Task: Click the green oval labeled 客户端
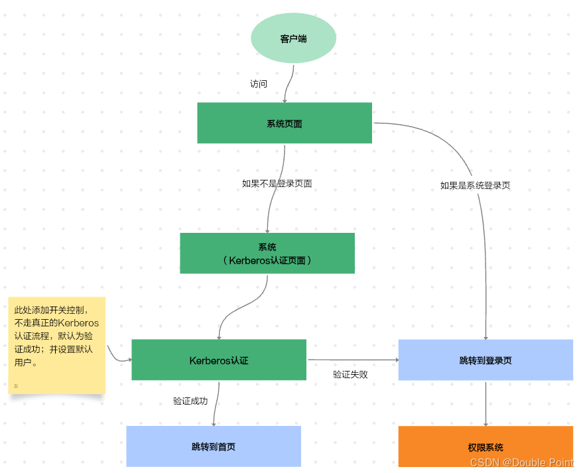tap(293, 38)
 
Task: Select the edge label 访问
tap(259, 84)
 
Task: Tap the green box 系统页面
tap(285, 123)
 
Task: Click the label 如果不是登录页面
tap(277, 184)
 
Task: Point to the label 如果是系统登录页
tap(475, 186)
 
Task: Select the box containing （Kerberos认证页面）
tap(267, 253)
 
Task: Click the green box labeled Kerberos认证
tap(219, 360)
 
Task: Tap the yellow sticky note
tap(56, 345)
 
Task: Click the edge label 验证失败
tap(350, 374)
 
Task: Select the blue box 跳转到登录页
tap(485, 360)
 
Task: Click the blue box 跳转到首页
tap(214, 446)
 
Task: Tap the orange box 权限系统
tap(485, 447)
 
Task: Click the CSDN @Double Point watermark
tap(521, 463)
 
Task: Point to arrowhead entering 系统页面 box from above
tap(285, 100)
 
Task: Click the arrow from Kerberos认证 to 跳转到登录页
tap(352, 360)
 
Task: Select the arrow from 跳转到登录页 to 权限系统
tap(486, 403)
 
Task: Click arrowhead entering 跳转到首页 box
tap(214, 423)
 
